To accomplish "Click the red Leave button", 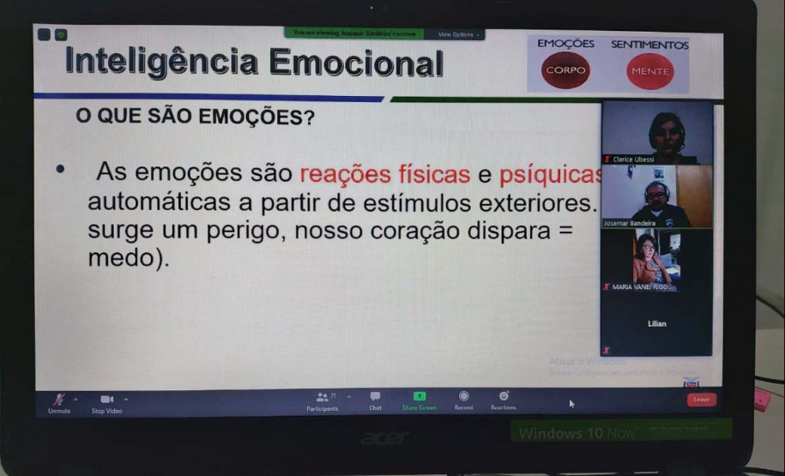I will point(701,400).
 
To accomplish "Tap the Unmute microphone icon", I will point(59,399).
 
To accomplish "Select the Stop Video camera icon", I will point(107,399).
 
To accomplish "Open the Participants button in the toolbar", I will point(322,397).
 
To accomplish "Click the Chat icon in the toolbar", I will point(375,396).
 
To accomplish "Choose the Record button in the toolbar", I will point(463,396).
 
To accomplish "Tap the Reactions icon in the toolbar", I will point(504,396).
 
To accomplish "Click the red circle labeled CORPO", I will point(565,70).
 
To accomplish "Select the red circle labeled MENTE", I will point(649,71).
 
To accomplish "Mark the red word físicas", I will point(434,174).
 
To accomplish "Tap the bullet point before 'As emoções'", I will point(61,171).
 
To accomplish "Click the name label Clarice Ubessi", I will point(633,159).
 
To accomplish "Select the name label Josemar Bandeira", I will point(630,223).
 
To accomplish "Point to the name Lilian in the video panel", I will point(656,323).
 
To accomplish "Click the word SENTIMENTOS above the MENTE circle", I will point(649,45).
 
